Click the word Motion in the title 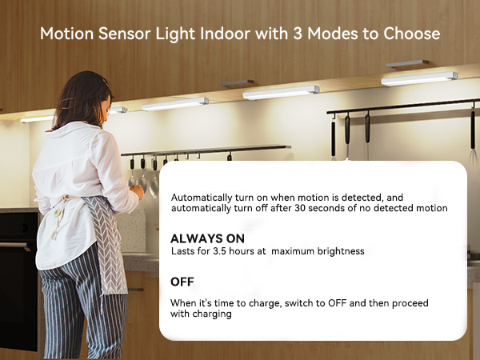click(66, 35)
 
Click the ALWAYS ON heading click(207, 238)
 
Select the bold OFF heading click(183, 282)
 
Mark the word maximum click(302, 251)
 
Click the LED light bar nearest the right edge click(419, 78)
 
